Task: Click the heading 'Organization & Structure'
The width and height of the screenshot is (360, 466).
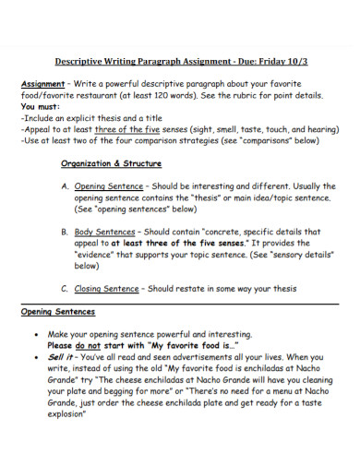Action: click(x=111, y=163)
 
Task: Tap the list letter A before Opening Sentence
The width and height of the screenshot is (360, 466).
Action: click(x=66, y=185)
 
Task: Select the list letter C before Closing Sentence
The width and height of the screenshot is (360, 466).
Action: click(x=66, y=288)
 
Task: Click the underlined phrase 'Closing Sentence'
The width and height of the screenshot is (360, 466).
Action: click(x=107, y=288)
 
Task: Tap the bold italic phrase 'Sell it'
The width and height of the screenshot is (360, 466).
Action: click(x=62, y=354)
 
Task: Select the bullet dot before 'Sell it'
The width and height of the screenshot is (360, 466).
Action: click(x=36, y=354)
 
